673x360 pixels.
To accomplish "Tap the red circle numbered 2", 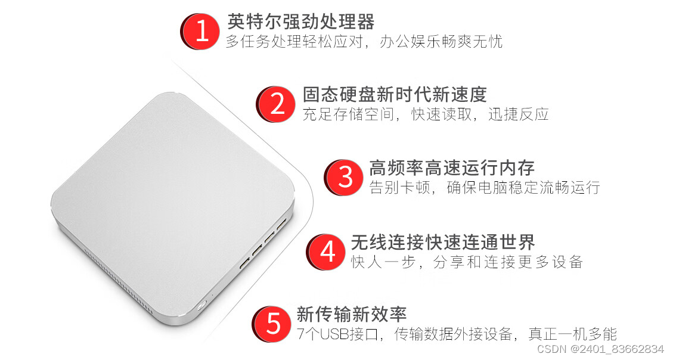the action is pyautogui.click(x=277, y=104).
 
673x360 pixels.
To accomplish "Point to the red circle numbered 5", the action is pyautogui.click(x=272, y=324).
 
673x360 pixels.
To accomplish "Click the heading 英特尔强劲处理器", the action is pyautogui.click(x=301, y=21).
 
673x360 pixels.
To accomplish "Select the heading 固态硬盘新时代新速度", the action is pyautogui.click(x=395, y=94).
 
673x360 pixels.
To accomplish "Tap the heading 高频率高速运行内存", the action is pyautogui.click(x=452, y=167).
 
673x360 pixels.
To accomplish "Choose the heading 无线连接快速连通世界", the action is pyautogui.click(x=443, y=242).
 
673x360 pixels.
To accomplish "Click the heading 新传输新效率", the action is pyautogui.click(x=352, y=314).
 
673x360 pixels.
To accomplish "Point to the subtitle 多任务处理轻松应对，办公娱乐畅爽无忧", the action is pyautogui.click(x=364, y=42).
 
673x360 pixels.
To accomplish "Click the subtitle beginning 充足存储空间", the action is pyautogui.click(x=426, y=114).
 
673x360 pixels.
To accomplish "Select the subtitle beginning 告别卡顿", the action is pyautogui.click(x=485, y=188).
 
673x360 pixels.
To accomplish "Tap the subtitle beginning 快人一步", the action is pyautogui.click(x=467, y=261).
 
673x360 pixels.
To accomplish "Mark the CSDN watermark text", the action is pyautogui.click(x=600, y=349).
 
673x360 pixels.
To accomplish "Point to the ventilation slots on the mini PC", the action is pyautogui.click(x=117, y=280).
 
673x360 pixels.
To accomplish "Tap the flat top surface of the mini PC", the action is pyautogui.click(x=172, y=197).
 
